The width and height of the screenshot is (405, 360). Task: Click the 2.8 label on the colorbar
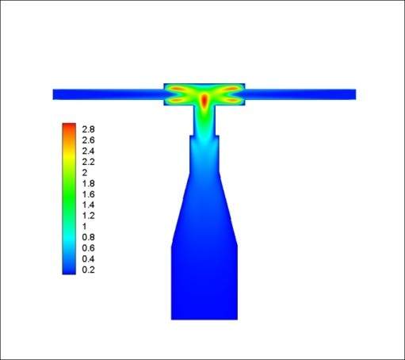tap(88, 129)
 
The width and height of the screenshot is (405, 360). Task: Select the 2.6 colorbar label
tap(88, 140)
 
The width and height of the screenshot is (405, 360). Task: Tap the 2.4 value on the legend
tap(88, 151)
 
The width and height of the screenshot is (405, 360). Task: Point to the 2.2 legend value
tap(88, 162)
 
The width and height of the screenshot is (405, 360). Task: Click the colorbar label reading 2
tap(85, 173)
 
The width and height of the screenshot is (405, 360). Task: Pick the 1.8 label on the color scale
tap(88, 183)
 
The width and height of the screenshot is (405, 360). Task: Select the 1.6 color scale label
tap(88, 194)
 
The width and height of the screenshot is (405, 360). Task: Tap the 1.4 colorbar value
tap(88, 205)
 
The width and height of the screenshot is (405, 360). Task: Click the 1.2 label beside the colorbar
tap(88, 216)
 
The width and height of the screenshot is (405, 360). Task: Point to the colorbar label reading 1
tap(85, 227)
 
